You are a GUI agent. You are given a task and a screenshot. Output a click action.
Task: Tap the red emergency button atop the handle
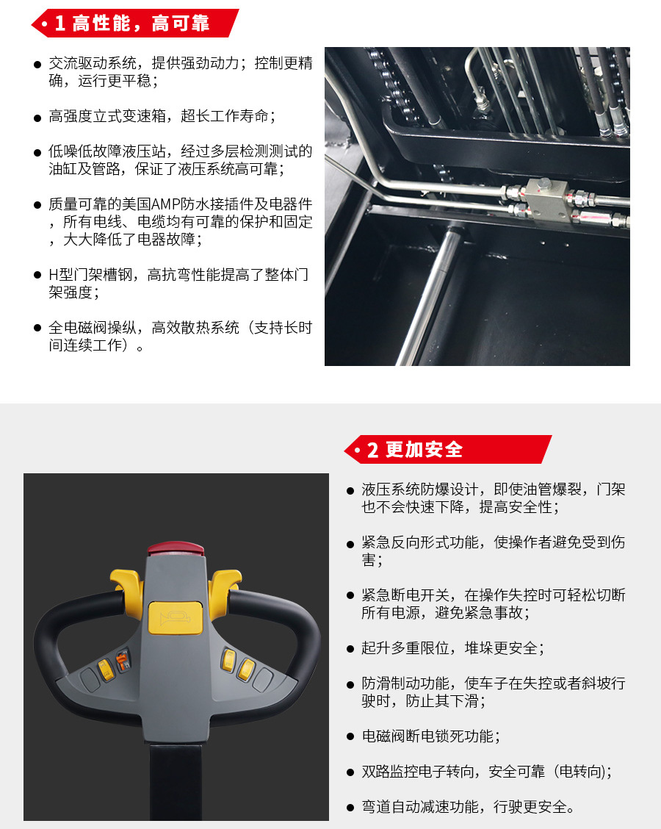point(176,549)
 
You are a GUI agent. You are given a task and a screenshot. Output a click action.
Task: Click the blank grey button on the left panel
point(90,678)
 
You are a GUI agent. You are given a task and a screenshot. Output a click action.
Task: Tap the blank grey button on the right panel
point(262,678)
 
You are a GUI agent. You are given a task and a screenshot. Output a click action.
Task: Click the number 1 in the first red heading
point(60,24)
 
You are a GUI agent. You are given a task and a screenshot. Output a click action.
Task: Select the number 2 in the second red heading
point(373,450)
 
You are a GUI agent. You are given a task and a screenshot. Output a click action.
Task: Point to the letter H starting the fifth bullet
point(53,275)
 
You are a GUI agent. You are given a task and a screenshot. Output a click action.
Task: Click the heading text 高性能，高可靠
point(141,24)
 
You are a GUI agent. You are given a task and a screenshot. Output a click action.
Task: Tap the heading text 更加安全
point(424,450)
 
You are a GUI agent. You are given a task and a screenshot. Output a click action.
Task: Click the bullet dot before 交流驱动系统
point(37,65)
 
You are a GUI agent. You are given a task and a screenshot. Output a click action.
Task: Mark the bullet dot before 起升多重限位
point(350,649)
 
